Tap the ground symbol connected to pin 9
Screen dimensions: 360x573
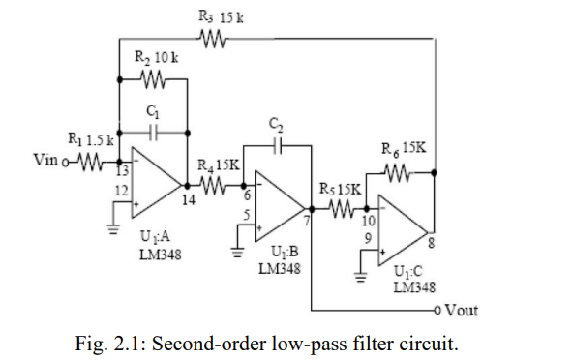click(360, 275)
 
